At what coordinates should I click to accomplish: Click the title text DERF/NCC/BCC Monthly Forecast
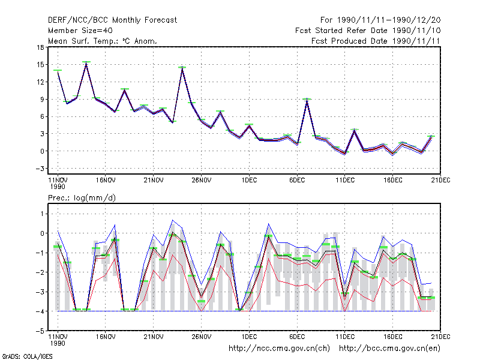tap(112, 20)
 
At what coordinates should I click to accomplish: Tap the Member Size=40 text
tap(80, 31)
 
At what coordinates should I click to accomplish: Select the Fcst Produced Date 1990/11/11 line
tap(376, 41)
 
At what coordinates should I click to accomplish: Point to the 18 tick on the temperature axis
tap(40, 47)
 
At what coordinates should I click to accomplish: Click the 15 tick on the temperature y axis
tap(40, 65)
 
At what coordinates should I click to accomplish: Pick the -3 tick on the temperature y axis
tap(40, 169)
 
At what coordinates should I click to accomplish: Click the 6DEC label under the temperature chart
tap(297, 180)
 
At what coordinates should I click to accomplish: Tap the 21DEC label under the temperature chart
tap(440, 180)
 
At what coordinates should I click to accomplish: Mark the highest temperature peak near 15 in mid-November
tap(86, 63)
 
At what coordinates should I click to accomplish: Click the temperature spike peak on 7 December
tap(307, 100)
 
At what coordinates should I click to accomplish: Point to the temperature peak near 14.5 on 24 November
tap(182, 68)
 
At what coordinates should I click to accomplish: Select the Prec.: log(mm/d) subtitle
tap(82, 198)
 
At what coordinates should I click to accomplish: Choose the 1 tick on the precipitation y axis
tap(42, 214)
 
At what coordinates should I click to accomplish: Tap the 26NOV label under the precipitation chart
tap(202, 337)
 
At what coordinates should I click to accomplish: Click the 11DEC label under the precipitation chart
tap(345, 337)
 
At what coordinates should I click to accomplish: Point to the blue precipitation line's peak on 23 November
tap(173, 220)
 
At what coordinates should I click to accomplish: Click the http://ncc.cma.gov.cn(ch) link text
tap(279, 349)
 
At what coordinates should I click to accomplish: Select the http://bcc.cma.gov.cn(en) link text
tap(389, 349)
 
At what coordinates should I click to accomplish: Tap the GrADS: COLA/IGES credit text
tap(27, 356)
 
